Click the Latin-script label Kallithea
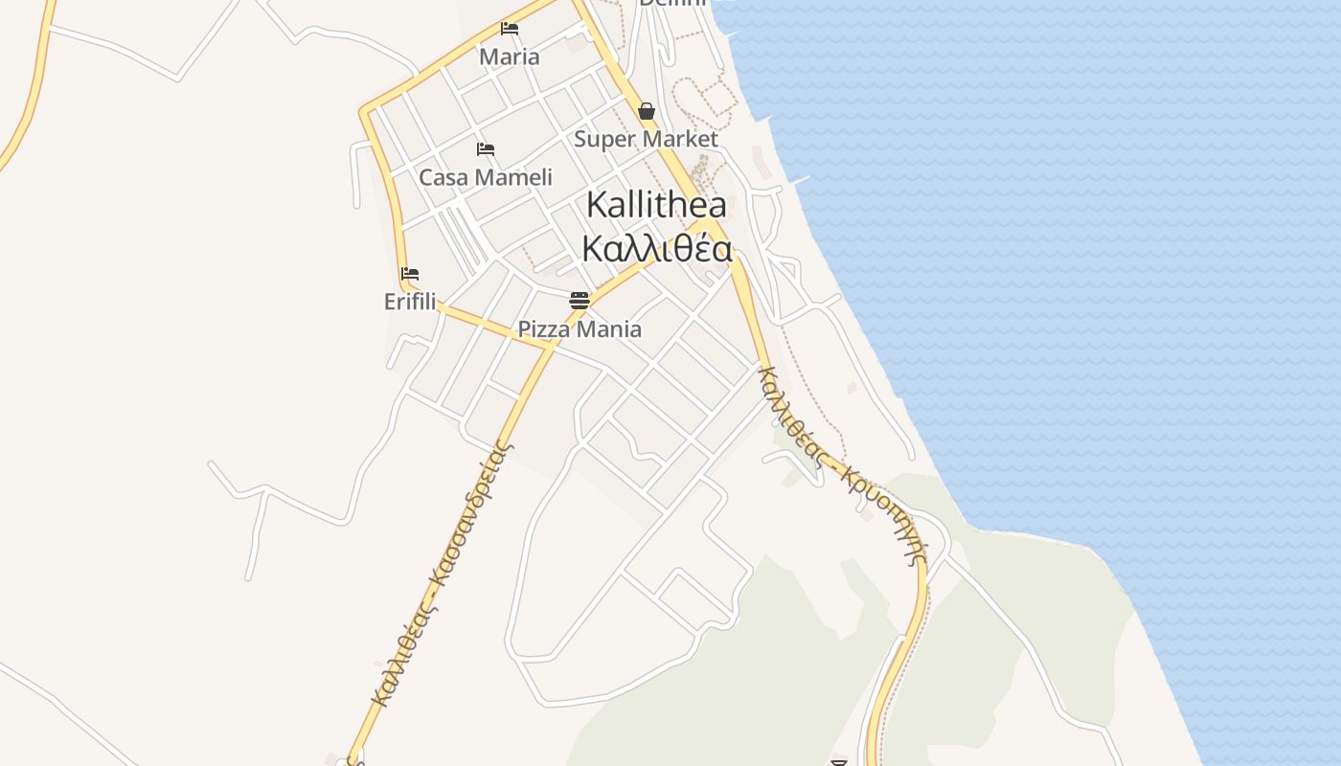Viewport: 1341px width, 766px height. pyautogui.click(x=656, y=204)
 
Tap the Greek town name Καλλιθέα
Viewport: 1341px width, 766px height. pyautogui.click(x=657, y=249)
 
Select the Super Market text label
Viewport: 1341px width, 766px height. pyautogui.click(x=646, y=139)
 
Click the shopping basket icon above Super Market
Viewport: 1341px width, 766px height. pyautogui.click(x=647, y=112)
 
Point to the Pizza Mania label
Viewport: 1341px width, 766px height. pyautogui.click(x=580, y=329)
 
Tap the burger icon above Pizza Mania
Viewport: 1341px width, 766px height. pyautogui.click(x=580, y=301)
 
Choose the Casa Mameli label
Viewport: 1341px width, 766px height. pyautogui.click(x=486, y=177)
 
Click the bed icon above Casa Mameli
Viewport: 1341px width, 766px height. pyautogui.click(x=486, y=149)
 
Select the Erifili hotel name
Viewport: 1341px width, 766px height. pyautogui.click(x=410, y=302)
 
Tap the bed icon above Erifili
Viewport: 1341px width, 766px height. pyautogui.click(x=410, y=274)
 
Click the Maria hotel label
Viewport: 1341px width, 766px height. pyautogui.click(x=510, y=56)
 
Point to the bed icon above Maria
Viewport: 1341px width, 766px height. pyautogui.click(x=510, y=29)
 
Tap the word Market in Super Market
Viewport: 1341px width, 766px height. pyautogui.click(x=679, y=139)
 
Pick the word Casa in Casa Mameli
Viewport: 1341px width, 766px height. pyautogui.click(x=443, y=177)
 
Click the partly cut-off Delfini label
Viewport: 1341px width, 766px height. pyautogui.click(x=672, y=3)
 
